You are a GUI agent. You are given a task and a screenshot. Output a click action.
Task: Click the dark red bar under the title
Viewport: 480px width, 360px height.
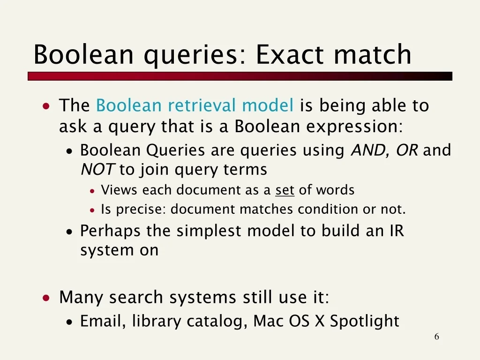tap(240, 76)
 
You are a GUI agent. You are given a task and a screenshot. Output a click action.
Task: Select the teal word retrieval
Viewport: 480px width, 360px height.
tap(202, 105)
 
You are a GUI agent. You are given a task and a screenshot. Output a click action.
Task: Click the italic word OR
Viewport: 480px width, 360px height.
tap(407, 150)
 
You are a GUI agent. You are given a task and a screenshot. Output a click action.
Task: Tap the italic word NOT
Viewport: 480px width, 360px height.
tap(98, 169)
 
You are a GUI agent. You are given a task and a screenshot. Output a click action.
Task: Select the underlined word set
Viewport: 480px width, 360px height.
tap(285, 190)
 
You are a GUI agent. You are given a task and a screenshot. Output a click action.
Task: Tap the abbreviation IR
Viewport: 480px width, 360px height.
tap(397, 231)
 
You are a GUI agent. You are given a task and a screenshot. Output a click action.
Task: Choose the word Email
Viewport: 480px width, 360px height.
tap(103, 321)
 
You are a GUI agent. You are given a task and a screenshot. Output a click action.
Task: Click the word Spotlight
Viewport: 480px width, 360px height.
tap(364, 321)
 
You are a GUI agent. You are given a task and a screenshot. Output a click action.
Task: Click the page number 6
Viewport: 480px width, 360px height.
tap(436, 337)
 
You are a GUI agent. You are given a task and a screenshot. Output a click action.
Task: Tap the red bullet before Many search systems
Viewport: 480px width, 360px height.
tap(46, 298)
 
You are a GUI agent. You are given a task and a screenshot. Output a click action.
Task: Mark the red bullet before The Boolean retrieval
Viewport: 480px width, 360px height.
tap(46, 106)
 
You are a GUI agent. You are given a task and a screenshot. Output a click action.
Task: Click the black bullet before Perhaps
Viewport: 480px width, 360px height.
tap(69, 232)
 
